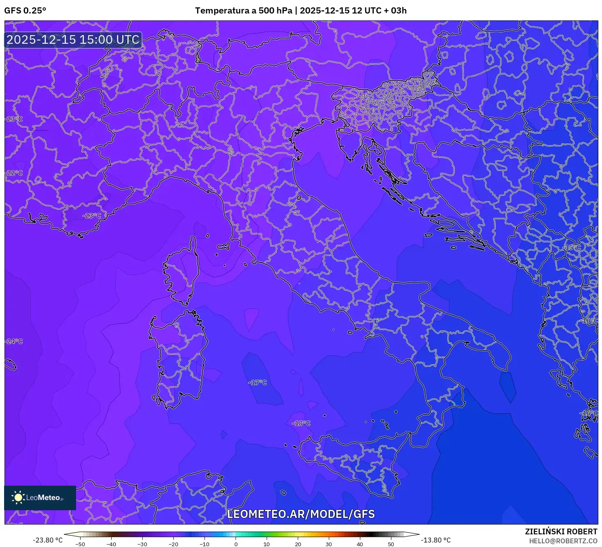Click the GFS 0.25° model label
[x=25, y=11]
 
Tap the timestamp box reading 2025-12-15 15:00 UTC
[x=73, y=40]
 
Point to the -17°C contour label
[x=258, y=383]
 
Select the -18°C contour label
[x=301, y=424]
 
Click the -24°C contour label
[x=14, y=341]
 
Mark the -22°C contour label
[x=14, y=173]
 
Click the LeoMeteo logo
[x=40, y=498]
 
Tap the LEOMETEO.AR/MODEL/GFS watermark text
[x=301, y=514]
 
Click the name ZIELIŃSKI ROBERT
[x=561, y=531]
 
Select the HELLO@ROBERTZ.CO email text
[x=563, y=541]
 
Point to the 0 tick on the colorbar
[x=236, y=544]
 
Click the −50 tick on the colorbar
[x=80, y=544]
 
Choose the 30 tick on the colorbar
[x=329, y=544]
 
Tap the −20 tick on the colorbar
[x=173, y=544]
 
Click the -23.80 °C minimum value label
[x=48, y=540]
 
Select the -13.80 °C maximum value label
[x=436, y=540]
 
